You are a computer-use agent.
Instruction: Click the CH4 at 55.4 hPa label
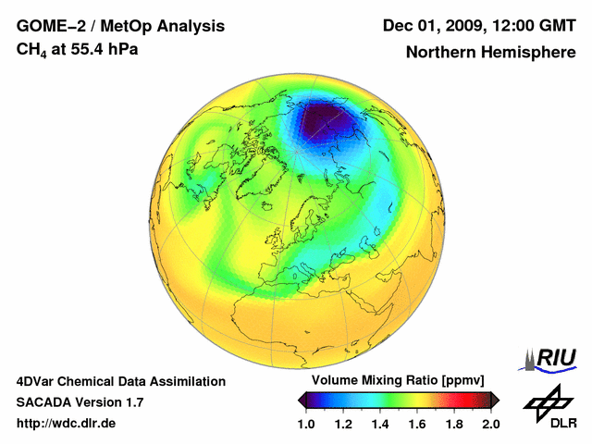coord(78,50)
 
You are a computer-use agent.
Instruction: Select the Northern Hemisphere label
coord(490,53)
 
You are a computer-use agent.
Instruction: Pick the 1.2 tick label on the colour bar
coord(343,424)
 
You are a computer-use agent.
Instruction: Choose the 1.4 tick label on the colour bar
coord(379,424)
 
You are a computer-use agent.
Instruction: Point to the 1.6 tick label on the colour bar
coord(416,424)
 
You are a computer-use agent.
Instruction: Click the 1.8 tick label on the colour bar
coord(453,424)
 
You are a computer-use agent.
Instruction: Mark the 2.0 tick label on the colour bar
coord(490,424)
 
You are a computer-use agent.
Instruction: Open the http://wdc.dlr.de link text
coord(67,424)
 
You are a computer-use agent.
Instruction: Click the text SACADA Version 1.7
coord(80,402)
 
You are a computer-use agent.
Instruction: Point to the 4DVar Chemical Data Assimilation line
coord(120,381)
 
